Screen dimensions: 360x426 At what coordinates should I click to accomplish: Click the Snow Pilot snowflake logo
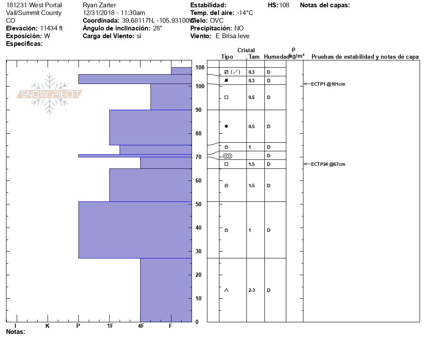point(49,94)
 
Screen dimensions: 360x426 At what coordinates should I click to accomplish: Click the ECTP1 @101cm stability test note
point(328,84)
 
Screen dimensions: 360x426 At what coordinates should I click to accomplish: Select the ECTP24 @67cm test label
point(328,164)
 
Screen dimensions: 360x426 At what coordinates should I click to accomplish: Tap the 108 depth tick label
point(200,68)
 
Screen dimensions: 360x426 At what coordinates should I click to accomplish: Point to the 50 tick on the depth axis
point(198,204)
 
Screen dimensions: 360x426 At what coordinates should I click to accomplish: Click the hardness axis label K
point(48,326)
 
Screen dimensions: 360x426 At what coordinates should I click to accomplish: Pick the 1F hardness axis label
point(110,326)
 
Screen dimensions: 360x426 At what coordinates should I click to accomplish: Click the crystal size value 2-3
point(252,290)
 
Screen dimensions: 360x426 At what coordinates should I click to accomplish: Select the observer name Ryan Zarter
point(99,5)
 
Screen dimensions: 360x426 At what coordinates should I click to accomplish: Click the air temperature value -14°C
point(245,13)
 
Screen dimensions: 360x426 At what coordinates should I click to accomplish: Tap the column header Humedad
point(276,57)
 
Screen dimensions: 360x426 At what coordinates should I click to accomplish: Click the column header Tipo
point(227,57)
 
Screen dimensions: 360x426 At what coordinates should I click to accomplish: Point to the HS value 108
point(284,5)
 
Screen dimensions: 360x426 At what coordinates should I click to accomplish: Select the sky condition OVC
point(217,21)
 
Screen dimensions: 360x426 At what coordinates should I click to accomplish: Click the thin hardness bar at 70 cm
point(135,156)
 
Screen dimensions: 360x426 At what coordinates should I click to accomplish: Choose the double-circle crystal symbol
point(227,156)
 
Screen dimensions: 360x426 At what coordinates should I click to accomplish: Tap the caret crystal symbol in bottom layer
point(226,290)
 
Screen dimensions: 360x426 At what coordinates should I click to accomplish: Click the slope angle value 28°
point(157,28)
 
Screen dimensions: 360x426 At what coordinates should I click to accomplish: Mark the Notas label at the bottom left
point(15,332)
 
